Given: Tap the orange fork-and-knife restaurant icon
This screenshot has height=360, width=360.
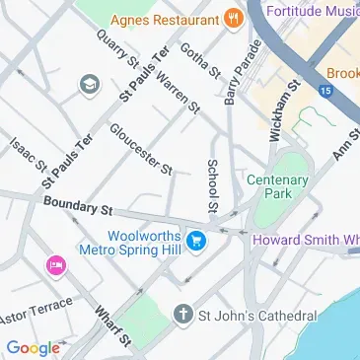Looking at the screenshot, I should point(233,17).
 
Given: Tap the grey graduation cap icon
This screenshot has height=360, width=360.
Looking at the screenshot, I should point(91,86).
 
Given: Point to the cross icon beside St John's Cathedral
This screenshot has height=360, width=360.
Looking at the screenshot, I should point(181,316).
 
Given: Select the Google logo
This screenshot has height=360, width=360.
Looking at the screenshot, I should point(33,347).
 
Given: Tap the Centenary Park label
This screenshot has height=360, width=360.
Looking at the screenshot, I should point(277,187).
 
